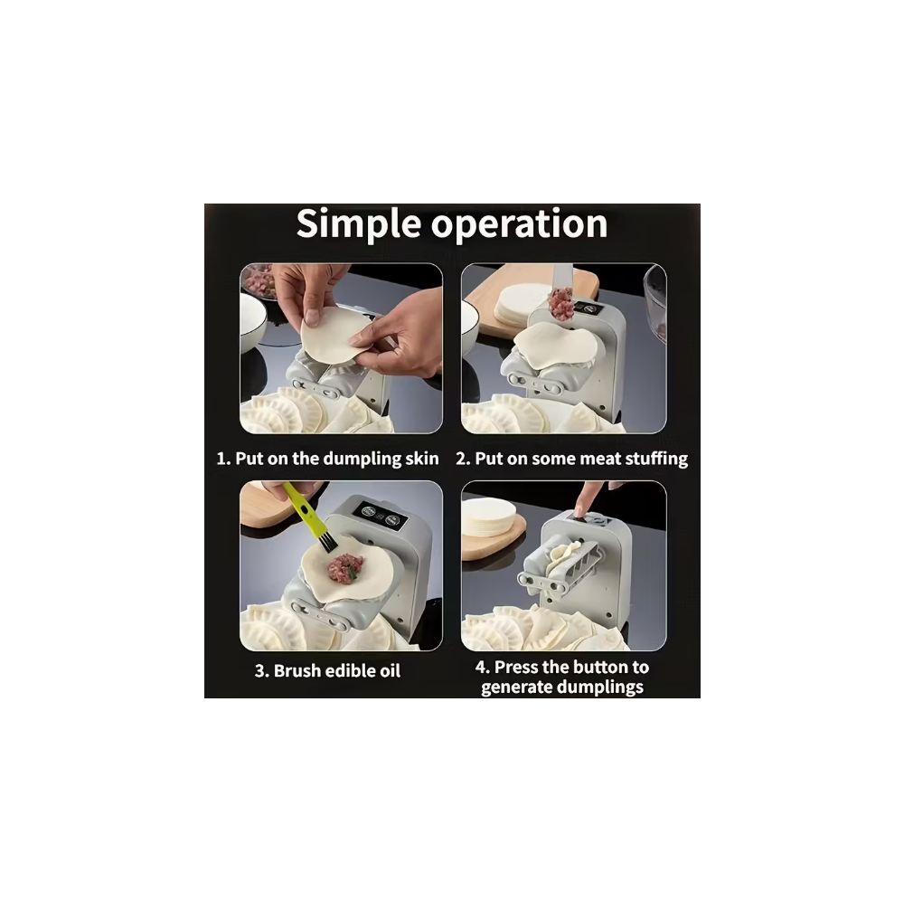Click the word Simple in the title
[x=359, y=223]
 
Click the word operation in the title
[x=520, y=225]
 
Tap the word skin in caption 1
[x=421, y=459]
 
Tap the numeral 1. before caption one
[x=223, y=460]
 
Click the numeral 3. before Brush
[x=262, y=671]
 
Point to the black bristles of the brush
[x=327, y=541]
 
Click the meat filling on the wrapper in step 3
[x=344, y=567]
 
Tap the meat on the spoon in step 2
[x=560, y=306]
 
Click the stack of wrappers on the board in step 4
[x=488, y=517]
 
